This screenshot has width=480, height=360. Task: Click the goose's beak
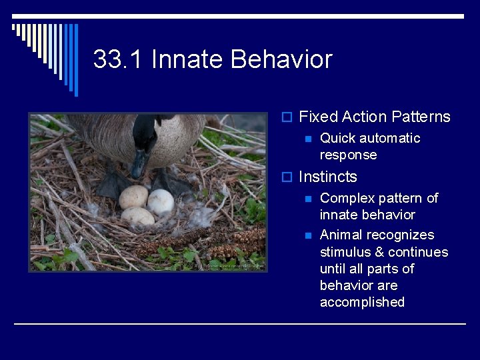click(139, 164)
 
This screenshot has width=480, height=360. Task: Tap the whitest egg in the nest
click(161, 201)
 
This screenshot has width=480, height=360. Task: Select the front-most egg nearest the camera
click(138, 217)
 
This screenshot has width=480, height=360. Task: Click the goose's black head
click(145, 133)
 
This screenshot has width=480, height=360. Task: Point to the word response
click(348, 155)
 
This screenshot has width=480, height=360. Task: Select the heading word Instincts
click(328, 177)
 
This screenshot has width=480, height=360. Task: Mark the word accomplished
click(362, 303)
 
